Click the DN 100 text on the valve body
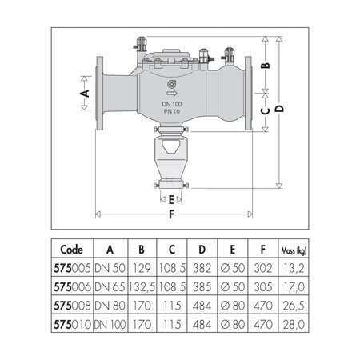click(172, 104)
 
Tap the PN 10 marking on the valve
click(172, 111)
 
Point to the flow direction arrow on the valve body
click(172, 94)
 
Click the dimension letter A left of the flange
click(85, 94)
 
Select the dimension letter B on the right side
click(266, 66)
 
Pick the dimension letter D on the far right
click(279, 109)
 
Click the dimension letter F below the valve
click(172, 214)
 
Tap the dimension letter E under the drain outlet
click(171, 199)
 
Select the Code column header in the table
click(71, 250)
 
